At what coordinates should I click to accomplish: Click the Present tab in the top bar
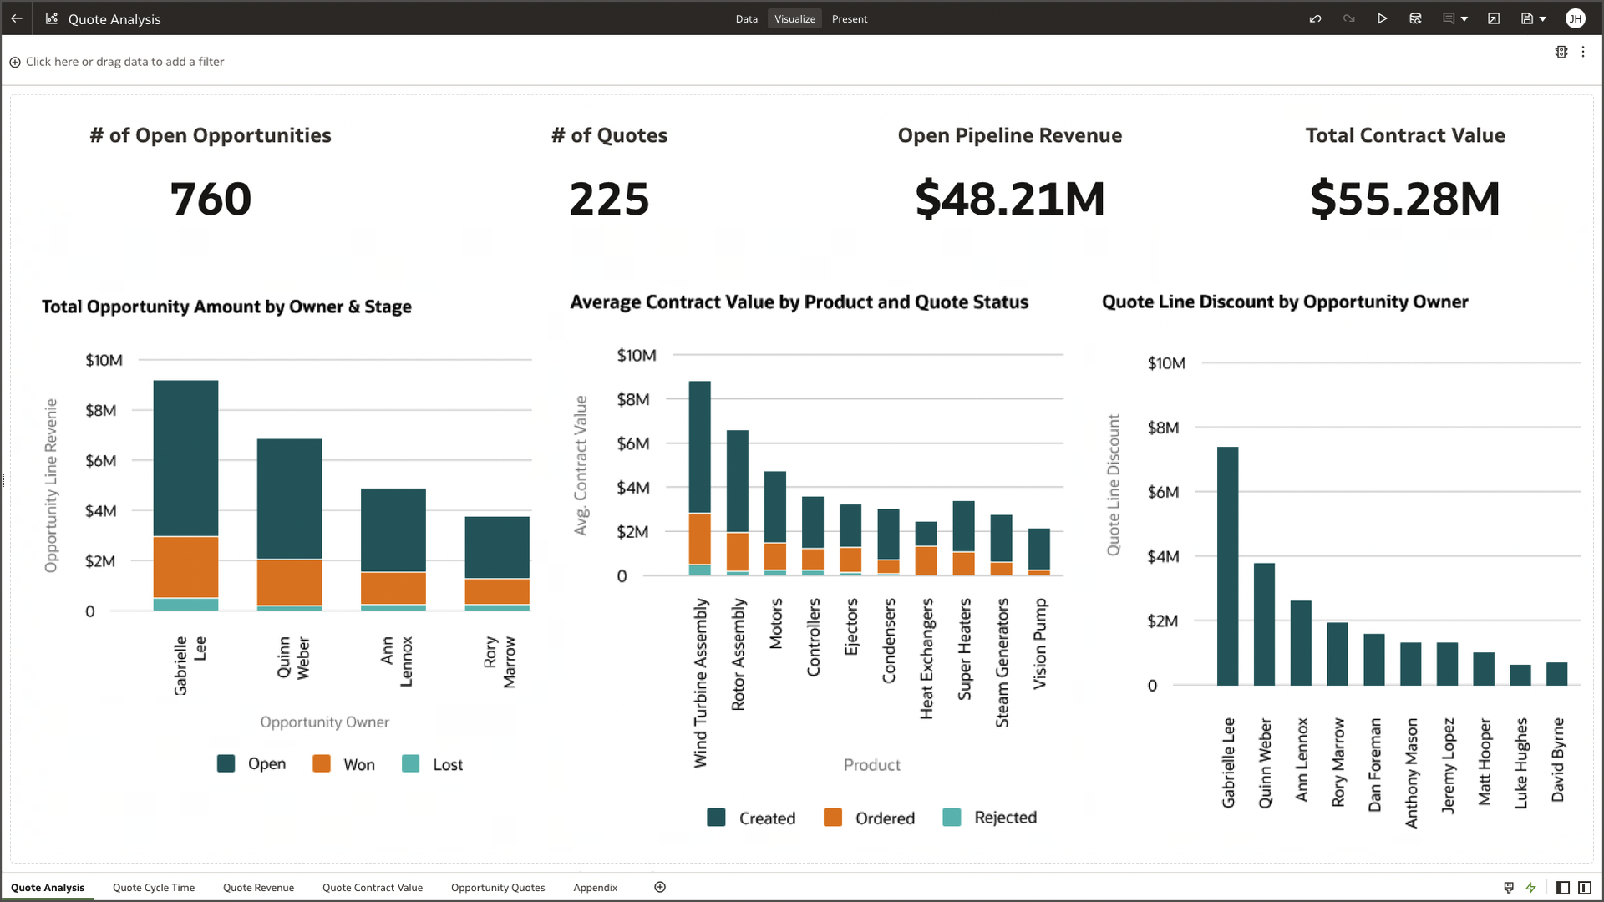click(849, 18)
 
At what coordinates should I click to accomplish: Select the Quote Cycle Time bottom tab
click(154, 887)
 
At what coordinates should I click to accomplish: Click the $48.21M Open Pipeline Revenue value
click(1009, 199)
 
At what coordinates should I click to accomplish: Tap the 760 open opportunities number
click(211, 199)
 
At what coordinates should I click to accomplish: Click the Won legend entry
click(358, 764)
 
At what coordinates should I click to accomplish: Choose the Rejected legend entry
click(1004, 818)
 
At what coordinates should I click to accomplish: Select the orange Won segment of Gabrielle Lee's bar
click(185, 567)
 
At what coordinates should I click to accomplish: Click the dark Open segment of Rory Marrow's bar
click(497, 547)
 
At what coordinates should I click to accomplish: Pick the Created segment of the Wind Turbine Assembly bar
click(699, 447)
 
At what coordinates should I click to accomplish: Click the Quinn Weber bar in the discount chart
click(1264, 624)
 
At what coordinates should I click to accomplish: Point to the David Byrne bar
click(1556, 673)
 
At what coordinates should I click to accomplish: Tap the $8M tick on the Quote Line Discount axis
click(1163, 428)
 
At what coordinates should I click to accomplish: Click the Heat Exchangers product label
click(926, 658)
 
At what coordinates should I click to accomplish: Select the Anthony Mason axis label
click(1411, 773)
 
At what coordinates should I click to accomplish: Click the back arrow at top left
click(17, 18)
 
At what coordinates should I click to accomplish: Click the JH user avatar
click(1575, 18)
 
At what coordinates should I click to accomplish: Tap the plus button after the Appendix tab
click(660, 887)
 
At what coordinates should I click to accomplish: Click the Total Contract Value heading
click(1405, 135)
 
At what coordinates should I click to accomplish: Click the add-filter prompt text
click(124, 62)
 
